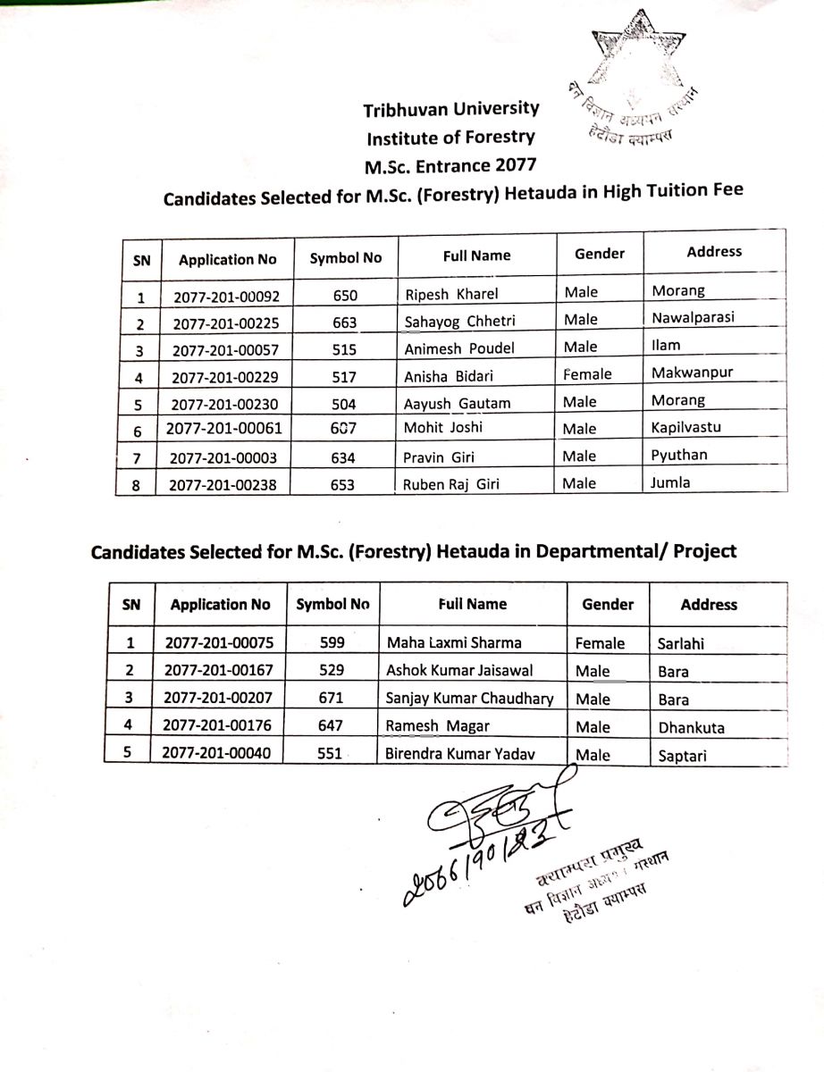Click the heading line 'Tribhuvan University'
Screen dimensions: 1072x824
[x=450, y=110]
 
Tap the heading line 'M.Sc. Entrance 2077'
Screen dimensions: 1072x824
[x=450, y=165]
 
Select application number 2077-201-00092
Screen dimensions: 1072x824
[x=226, y=294]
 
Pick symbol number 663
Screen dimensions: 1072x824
[x=344, y=322]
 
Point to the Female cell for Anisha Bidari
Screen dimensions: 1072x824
[x=587, y=374]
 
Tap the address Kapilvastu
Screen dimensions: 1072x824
[x=685, y=427]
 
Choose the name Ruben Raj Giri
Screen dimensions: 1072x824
[x=451, y=485]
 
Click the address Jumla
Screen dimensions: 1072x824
[x=671, y=483]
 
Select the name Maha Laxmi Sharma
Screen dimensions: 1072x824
[x=453, y=642]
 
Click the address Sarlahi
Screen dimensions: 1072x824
[x=682, y=643]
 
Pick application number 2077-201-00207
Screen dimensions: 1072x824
[x=219, y=699]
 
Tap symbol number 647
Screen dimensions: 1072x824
[x=331, y=726]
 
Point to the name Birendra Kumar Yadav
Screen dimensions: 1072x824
[x=460, y=754]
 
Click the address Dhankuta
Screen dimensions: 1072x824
[x=691, y=727]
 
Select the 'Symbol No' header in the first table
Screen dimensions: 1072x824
[x=345, y=258]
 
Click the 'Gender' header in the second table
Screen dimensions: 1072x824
[x=607, y=605]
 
